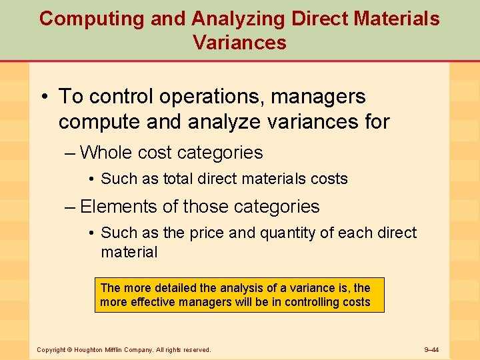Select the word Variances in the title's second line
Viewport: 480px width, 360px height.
[x=240, y=43]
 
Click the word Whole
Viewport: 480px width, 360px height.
[x=106, y=153]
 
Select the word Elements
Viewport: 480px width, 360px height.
[x=117, y=207]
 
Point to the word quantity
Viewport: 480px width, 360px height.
[x=253, y=233]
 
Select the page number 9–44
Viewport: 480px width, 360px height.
[x=436, y=350]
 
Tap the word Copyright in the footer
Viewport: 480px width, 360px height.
[x=51, y=350]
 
